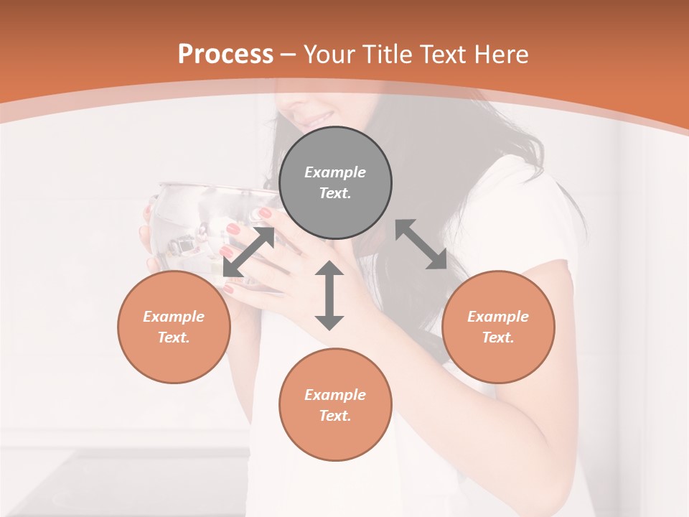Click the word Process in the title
(x=225, y=55)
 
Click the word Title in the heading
(x=385, y=55)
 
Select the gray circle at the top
(x=335, y=182)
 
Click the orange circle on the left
(x=174, y=327)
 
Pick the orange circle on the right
(x=498, y=327)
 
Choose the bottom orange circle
(x=335, y=405)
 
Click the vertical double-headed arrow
(x=329, y=295)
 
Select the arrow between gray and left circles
(x=248, y=251)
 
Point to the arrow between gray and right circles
(x=421, y=245)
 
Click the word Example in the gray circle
(x=335, y=172)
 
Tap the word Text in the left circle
(x=174, y=337)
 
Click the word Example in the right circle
(x=498, y=317)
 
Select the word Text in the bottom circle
(x=335, y=416)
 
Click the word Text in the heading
(x=441, y=55)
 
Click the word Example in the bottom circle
(x=335, y=395)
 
